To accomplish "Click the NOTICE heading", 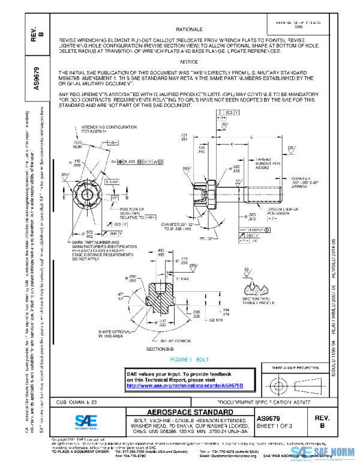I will point(188,62).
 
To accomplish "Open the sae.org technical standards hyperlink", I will point(192,384).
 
